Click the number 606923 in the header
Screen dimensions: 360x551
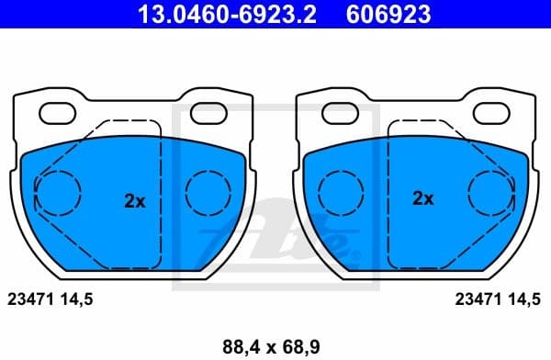[388, 15]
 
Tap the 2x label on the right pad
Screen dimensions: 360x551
[422, 198]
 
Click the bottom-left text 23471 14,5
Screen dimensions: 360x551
[51, 298]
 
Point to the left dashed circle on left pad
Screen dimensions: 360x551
[58, 193]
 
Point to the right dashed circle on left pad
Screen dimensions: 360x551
[209, 193]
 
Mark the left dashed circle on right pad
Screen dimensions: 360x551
[341, 193]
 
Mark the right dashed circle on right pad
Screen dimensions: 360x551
[492, 193]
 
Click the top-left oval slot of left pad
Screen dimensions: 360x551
[60, 114]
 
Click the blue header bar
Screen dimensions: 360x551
[275, 15]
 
